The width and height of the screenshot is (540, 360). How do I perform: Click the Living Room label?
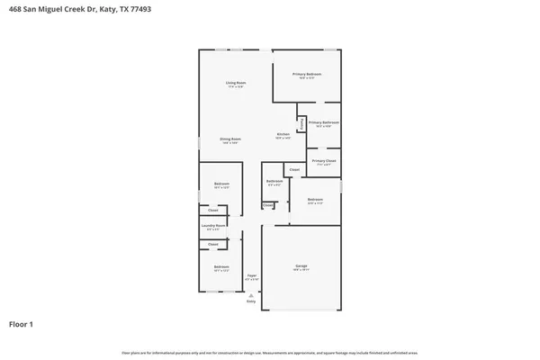(236, 83)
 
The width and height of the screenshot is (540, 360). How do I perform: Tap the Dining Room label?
(230, 139)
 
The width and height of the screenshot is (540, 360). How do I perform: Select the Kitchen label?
(283, 135)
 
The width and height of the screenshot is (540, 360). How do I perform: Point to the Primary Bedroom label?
(307, 74)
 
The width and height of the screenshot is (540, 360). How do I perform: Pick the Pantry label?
(301, 122)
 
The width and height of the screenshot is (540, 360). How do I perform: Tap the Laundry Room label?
(212, 226)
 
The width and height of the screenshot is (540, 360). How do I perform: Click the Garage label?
(301, 266)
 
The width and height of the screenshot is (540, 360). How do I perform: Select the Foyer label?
(252, 276)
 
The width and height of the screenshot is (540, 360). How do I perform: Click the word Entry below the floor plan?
(251, 301)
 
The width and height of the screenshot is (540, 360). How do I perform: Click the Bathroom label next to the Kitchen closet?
(274, 181)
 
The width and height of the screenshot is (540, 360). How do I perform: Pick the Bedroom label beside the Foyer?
(221, 266)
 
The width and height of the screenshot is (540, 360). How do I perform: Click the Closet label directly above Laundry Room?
(213, 211)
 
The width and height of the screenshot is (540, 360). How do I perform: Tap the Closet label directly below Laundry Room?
(213, 244)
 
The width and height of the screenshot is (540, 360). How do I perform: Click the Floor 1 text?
(22, 323)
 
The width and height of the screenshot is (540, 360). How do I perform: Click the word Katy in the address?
(105, 8)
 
